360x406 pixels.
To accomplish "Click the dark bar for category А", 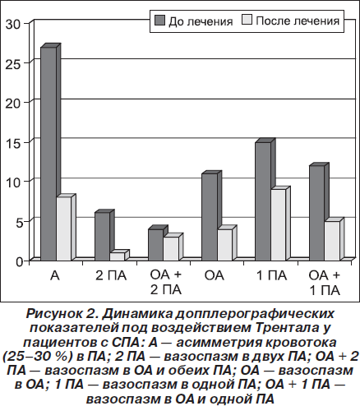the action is point(48,154).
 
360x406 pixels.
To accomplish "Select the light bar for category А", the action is point(64,228).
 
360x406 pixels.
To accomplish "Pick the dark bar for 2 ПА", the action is point(103,236).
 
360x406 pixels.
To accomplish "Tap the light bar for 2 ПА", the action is point(118,256).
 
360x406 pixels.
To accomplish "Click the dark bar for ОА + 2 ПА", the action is point(156,245).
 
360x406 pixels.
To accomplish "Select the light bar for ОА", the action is point(225,245).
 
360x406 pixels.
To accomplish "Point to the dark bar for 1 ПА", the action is point(263,201).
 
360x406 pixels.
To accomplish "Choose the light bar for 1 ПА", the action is point(279,224).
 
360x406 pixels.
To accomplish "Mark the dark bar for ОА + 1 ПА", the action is point(317,213).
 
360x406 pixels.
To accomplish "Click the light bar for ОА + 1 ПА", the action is point(332,241).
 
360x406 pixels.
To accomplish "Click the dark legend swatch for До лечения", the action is point(159,21).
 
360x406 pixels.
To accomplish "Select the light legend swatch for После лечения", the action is point(247,20).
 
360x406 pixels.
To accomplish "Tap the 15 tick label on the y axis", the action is point(13,143).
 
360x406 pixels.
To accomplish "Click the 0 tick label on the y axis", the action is point(19,261).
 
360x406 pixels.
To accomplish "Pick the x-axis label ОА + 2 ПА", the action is point(166,283).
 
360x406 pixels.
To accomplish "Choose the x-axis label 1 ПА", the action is point(271,275).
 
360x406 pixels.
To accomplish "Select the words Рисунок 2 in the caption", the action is point(62,314).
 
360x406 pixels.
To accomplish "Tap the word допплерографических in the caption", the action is point(255,314).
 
